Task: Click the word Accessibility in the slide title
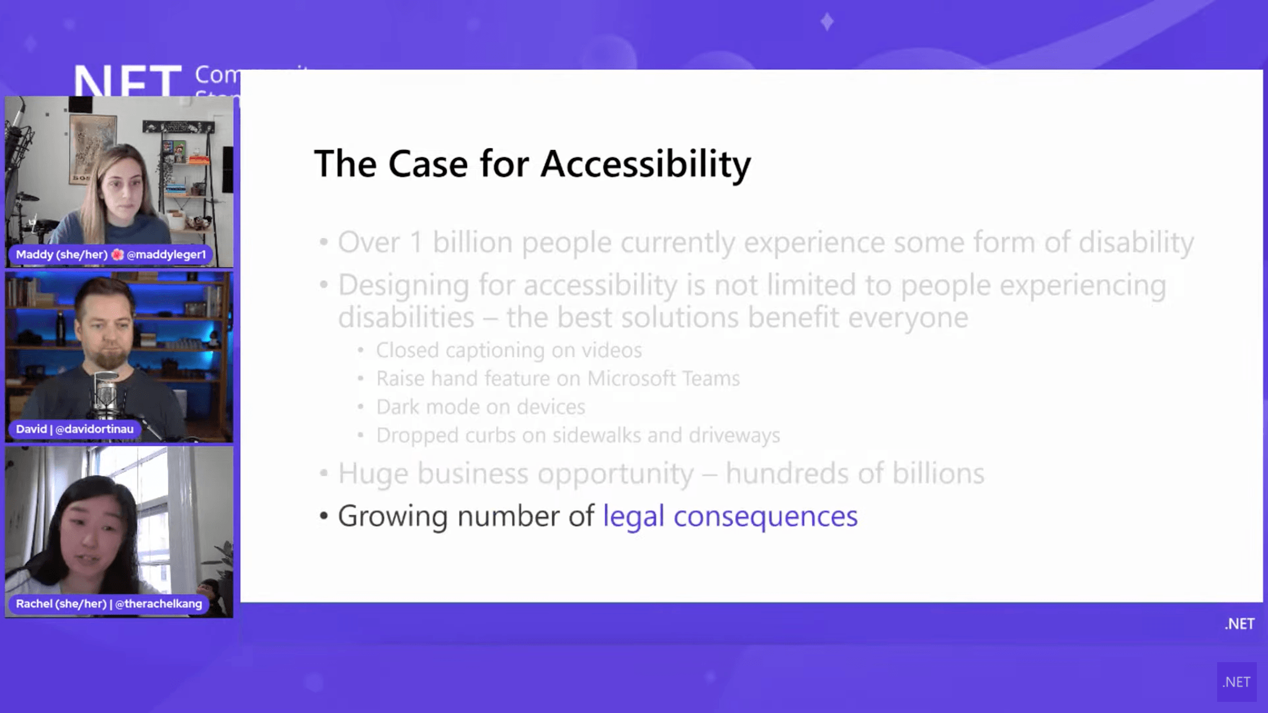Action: [x=645, y=164]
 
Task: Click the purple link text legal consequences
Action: [x=730, y=516]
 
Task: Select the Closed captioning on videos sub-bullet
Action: [x=509, y=350]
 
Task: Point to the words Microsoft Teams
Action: [x=663, y=378]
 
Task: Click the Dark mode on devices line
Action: [x=481, y=407]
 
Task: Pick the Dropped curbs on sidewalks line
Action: [x=578, y=435]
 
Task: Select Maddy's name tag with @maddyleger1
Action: [x=110, y=254]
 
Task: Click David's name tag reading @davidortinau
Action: [x=74, y=429]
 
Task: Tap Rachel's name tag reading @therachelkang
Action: [x=109, y=603]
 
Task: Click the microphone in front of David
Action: [x=106, y=393]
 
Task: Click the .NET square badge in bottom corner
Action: [x=1236, y=682]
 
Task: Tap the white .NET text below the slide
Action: [x=1239, y=624]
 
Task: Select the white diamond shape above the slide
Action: [x=827, y=22]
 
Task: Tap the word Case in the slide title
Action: [x=428, y=164]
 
